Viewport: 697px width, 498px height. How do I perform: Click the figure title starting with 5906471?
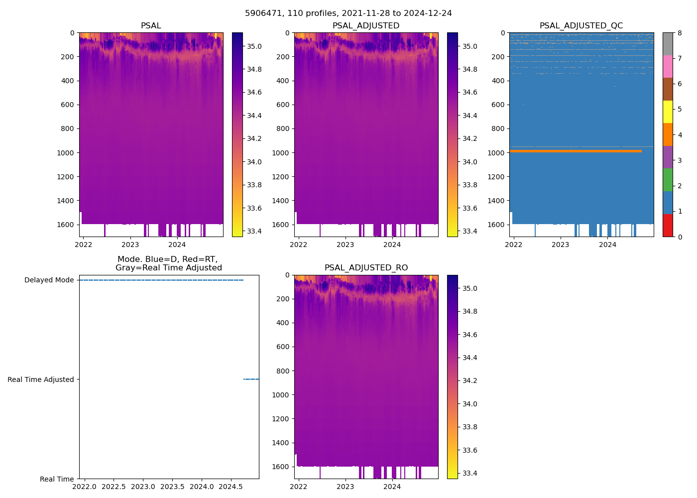point(348,13)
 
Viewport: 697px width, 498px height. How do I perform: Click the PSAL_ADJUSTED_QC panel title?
point(581,26)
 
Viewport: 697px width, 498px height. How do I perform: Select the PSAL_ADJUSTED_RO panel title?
point(366,268)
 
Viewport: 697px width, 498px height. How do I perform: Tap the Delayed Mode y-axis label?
point(49,280)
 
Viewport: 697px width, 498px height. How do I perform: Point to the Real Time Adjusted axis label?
point(40,379)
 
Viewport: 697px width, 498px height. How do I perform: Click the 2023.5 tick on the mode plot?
point(172,487)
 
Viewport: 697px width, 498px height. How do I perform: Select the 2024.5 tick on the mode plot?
point(231,487)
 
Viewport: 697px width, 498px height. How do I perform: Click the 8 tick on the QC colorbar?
point(680,33)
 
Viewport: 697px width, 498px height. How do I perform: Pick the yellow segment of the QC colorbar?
point(668,112)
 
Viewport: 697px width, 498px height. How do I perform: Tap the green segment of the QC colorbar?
point(668,180)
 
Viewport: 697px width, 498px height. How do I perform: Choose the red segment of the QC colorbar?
point(668,225)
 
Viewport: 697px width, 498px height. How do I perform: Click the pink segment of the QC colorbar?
point(668,66)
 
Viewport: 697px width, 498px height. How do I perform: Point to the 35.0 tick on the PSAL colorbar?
point(254,46)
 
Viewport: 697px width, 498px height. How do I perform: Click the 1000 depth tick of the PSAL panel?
point(66,152)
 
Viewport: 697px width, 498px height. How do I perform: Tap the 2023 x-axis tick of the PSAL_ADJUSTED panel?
point(345,245)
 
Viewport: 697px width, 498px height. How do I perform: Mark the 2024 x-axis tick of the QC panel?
point(607,245)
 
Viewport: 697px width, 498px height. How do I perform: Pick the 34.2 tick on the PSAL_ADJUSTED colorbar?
point(469,138)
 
